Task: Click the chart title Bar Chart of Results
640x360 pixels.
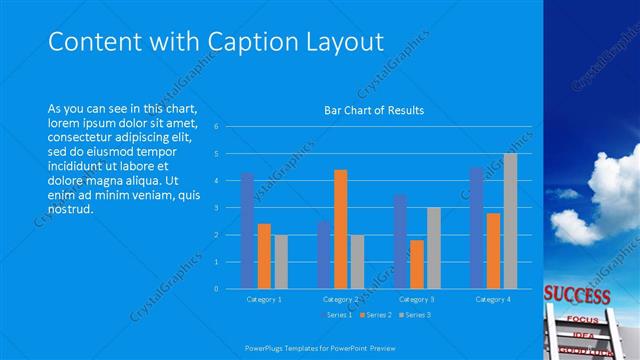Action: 374,110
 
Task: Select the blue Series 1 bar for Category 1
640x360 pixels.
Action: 247,231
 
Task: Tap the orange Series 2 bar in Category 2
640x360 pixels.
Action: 341,229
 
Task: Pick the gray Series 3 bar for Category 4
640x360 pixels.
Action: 510,221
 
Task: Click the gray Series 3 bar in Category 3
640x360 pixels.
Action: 433,248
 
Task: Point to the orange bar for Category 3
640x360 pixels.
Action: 417,264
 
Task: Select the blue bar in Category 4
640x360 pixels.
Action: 477,228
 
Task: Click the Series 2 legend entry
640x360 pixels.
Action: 375,315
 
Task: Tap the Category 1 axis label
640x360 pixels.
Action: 264,299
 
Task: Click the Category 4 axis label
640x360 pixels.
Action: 493,299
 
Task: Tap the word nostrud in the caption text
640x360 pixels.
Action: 70,210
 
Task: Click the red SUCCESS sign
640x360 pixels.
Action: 577,296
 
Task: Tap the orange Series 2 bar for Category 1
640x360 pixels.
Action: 264,256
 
